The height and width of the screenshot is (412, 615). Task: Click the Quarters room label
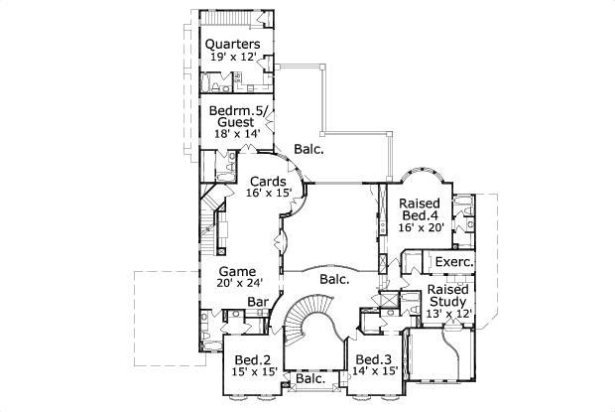click(233, 45)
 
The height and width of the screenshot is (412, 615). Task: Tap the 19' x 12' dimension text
click(233, 59)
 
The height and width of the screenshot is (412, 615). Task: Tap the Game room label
click(238, 271)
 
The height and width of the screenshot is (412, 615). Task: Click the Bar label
click(258, 302)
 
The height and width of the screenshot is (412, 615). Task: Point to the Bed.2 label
click(252, 359)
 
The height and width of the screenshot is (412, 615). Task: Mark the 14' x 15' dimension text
click(375, 372)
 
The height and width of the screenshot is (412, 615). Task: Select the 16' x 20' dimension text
click(421, 228)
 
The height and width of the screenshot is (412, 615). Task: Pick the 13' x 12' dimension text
click(448, 315)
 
